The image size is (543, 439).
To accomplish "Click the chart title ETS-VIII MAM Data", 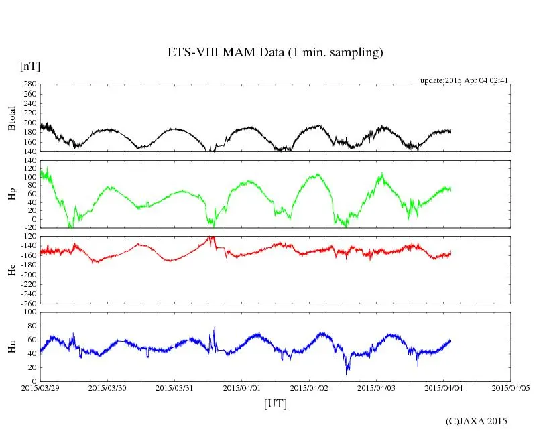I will [275, 53].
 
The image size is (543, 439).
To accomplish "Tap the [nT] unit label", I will [29, 66].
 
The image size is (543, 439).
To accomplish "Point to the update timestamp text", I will [465, 80].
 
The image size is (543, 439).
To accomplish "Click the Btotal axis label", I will [11, 117].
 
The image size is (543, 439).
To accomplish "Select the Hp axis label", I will [11, 194].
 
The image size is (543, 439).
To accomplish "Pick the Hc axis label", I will [11, 269].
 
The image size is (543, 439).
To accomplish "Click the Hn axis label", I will [11, 346].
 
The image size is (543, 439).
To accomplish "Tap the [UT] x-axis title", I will [275, 403].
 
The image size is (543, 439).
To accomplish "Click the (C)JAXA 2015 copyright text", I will [477, 421].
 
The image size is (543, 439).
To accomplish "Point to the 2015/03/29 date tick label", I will [40, 388].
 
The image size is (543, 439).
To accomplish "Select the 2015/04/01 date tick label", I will [243, 388].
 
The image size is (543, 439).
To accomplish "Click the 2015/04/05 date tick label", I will [511, 388].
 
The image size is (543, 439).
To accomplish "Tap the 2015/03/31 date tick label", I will [175, 388].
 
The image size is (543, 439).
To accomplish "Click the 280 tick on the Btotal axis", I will [29, 84].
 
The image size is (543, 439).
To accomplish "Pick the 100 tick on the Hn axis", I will [29, 312].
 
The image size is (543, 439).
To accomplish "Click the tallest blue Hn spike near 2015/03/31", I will [215, 328].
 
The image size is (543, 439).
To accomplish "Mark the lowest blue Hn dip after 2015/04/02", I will [347, 373].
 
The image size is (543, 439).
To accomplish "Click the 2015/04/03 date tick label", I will [377, 388].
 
